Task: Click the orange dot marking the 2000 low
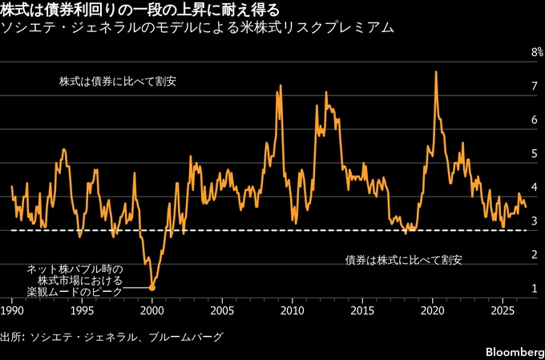pyautogui.click(x=152, y=288)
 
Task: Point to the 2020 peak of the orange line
pyautogui.click(x=435, y=71)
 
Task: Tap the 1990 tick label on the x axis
pyautogui.click(x=12, y=310)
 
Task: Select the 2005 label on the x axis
pyautogui.click(x=222, y=310)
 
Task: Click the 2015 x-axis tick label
pyautogui.click(x=362, y=310)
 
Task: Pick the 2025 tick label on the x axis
pyautogui.click(x=503, y=310)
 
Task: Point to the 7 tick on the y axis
pyautogui.click(x=535, y=86)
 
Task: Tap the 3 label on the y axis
pyautogui.click(x=535, y=220)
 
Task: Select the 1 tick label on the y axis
pyautogui.click(x=535, y=289)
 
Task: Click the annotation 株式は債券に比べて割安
pyautogui.click(x=118, y=82)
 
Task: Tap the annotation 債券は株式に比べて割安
pyautogui.click(x=403, y=260)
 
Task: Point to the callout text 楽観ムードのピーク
pyautogui.click(x=75, y=292)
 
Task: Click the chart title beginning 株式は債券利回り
pyautogui.click(x=139, y=10)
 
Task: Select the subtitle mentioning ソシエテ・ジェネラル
pyautogui.click(x=198, y=28)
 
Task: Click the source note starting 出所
pyautogui.click(x=111, y=337)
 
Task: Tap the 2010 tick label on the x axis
pyautogui.click(x=293, y=310)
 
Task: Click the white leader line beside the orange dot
pyautogui.click(x=136, y=288)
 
